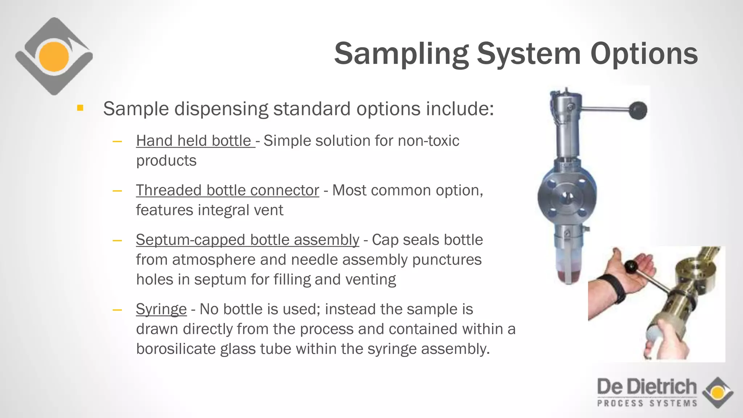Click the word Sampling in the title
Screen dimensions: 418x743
click(x=401, y=54)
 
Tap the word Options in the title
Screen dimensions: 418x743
click(x=644, y=54)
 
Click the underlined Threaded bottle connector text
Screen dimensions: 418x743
click(x=227, y=190)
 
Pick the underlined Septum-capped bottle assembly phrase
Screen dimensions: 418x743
click(x=247, y=240)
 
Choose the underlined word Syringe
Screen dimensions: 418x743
click(x=161, y=310)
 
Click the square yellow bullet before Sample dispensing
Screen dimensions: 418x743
click(x=80, y=108)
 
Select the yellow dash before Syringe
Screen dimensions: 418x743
click(x=117, y=310)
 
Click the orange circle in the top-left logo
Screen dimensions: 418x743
click(x=54, y=57)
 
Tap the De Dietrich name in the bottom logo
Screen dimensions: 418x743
click(x=646, y=387)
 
